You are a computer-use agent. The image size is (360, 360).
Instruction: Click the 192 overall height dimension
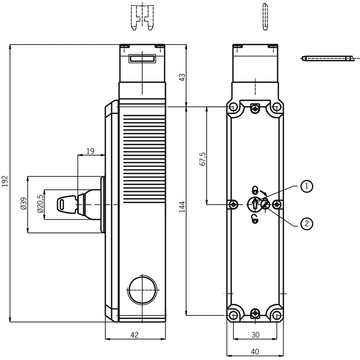click(x=5, y=181)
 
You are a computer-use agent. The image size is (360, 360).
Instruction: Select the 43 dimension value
click(x=182, y=77)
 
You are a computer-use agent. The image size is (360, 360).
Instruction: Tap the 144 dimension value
click(x=182, y=207)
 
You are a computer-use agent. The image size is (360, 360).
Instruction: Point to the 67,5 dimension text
click(x=202, y=159)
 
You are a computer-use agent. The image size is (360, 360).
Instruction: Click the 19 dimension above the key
click(x=90, y=151)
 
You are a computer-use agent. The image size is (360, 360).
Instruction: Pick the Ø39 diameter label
click(x=24, y=203)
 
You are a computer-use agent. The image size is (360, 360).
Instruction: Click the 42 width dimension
click(x=135, y=335)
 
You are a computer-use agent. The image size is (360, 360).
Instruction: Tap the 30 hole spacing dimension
click(x=255, y=335)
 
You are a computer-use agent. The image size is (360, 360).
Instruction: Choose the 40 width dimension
click(x=255, y=352)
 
